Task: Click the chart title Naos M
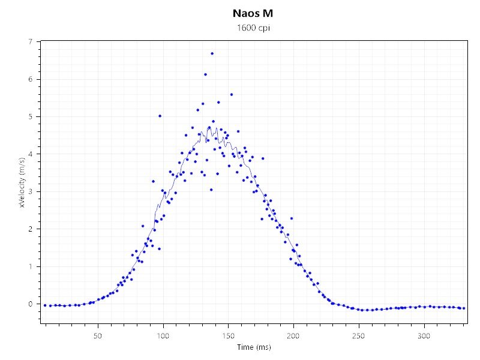tap(239, 13)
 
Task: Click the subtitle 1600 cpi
tap(239, 28)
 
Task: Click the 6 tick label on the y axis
tap(30, 79)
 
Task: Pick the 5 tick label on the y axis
tap(30, 116)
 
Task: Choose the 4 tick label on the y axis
tap(30, 154)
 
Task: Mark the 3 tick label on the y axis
tap(30, 191)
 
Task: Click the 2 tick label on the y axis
tap(30, 229)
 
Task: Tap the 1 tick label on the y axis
tap(30, 266)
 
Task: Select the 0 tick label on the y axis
tap(30, 304)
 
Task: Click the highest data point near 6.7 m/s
tap(212, 53)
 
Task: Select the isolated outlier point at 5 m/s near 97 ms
tap(160, 116)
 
